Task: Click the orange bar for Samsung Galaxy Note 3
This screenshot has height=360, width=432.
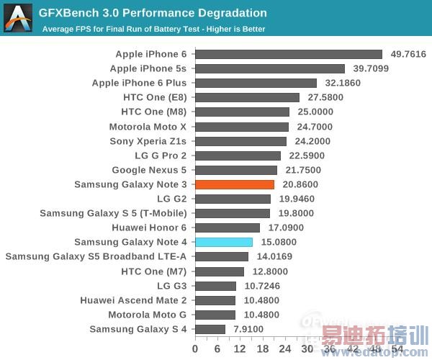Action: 235,184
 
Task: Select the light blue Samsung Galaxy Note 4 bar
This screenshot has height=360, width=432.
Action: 224,242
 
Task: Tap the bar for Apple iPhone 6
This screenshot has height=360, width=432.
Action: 288,54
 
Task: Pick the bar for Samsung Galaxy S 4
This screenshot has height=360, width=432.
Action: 210,329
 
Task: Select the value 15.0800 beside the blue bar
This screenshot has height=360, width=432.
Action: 277,242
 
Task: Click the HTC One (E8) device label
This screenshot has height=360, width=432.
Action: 152,97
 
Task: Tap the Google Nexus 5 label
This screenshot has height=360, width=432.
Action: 149,170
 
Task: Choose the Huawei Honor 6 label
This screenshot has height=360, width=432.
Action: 149,228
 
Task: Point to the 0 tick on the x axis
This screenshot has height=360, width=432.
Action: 195,348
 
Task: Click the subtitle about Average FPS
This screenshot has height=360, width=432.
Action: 153,29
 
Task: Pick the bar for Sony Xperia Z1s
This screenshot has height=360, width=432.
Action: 240,141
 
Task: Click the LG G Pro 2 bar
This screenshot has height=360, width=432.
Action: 238,156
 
